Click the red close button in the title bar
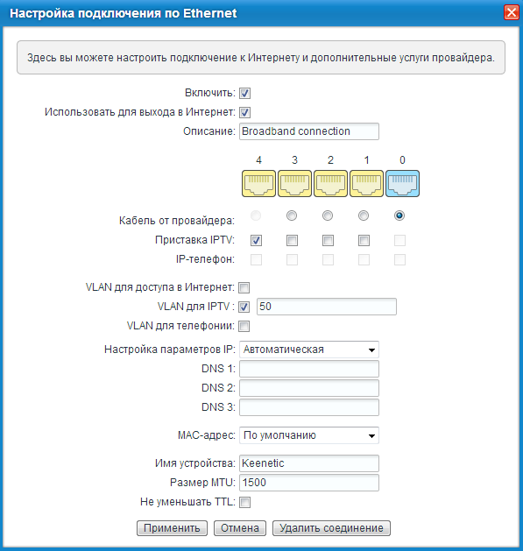point(511,13)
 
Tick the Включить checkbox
point(245,93)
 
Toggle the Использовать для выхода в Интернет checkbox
point(245,112)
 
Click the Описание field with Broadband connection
point(308,131)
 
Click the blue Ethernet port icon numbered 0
point(402,184)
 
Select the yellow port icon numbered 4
point(258,184)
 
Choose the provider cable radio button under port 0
point(400,215)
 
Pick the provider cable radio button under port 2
point(328,215)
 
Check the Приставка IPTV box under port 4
point(257,240)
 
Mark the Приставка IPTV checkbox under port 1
point(364,240)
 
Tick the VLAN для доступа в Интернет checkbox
point(245,287)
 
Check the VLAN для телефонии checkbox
point(245,326)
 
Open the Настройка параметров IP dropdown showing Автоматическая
point(308,350)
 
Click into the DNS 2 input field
point(308,388)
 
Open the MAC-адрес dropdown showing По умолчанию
point(308,434)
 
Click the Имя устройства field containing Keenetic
point(308,463)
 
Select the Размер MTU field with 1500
point(308,483)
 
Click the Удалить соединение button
point(331,528)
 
